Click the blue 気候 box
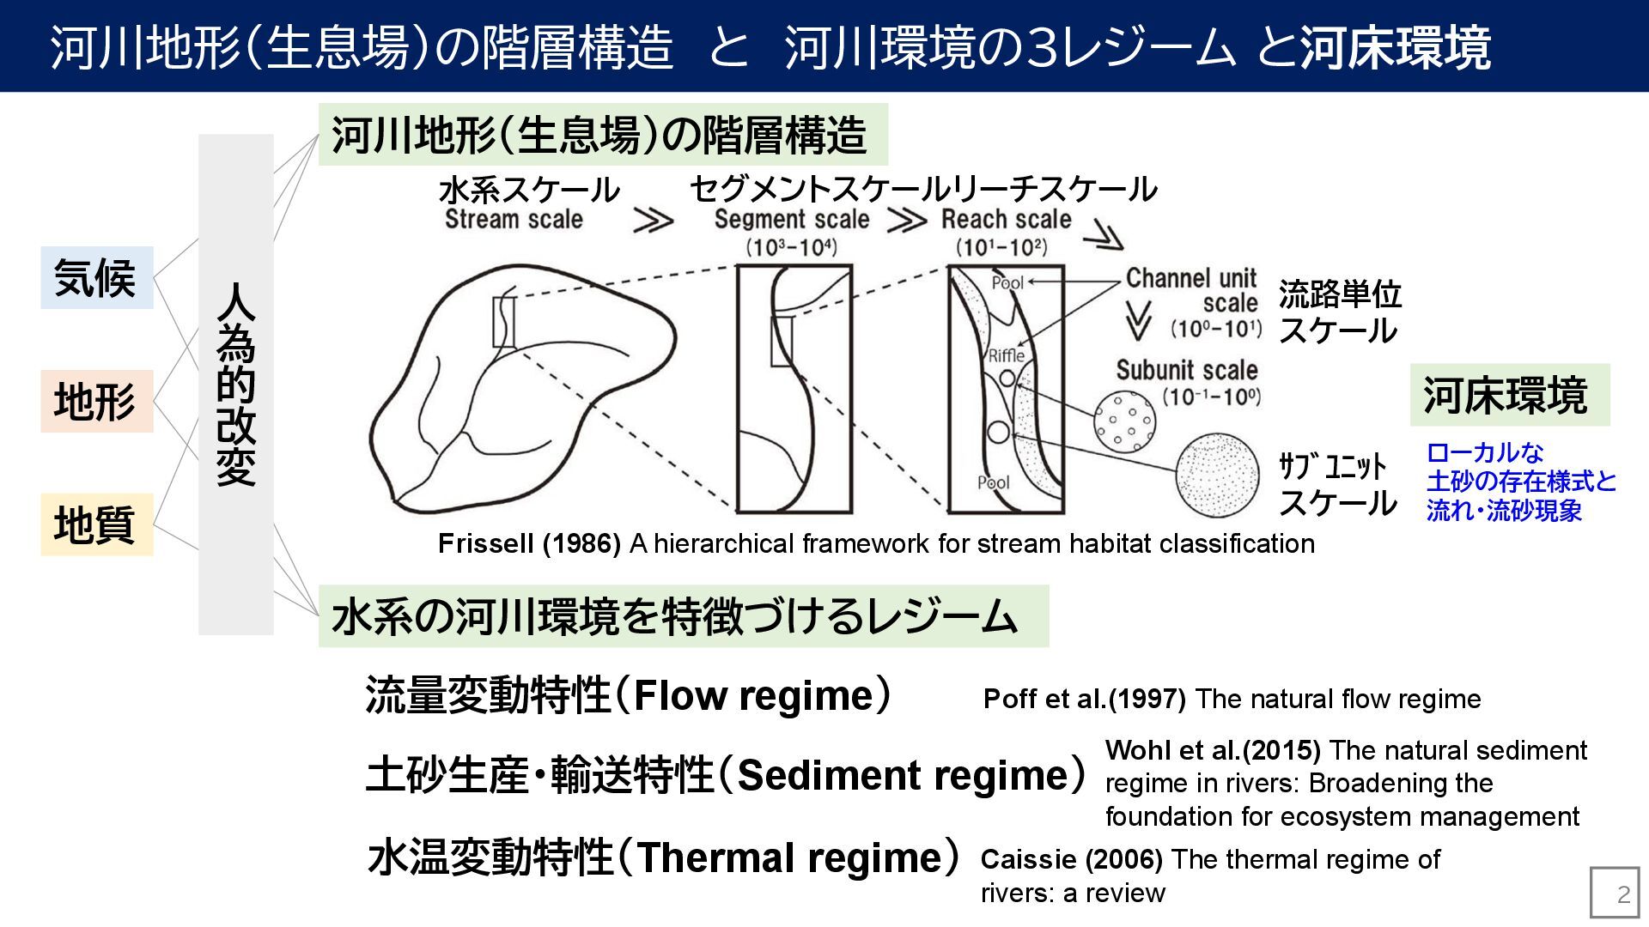(96, 277)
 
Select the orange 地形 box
(96, 401)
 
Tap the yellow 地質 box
(96, 524)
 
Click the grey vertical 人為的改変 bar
(235, 384)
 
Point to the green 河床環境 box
(1509, 395)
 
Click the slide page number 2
(1622, 894)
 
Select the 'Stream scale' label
(514, 220)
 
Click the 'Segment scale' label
(791, 220)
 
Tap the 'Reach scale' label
(1006, 220)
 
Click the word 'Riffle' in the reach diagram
(1006, 355)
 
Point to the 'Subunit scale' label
(1187, 371)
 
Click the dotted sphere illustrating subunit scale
(1218, 475)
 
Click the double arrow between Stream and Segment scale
(654, 221)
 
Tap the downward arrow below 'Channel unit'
(1137, 320)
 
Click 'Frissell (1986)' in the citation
(529, 543)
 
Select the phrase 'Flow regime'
(752, 695)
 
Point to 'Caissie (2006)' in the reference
(1071, 859)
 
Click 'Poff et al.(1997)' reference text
(1084, 699)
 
